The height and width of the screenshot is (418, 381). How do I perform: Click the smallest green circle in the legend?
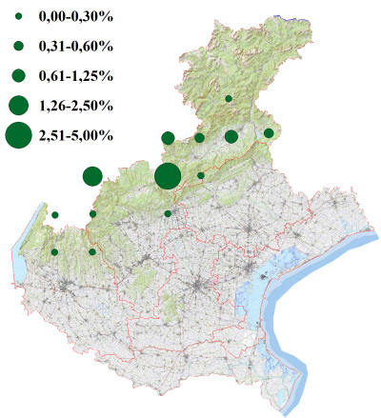[18, 17]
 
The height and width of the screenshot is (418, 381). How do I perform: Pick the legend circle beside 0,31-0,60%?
[18, 46]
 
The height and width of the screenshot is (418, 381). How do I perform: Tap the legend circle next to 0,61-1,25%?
[18, 74]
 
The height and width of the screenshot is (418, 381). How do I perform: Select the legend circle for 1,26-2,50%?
[18, 105]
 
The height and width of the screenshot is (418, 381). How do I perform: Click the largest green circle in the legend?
[18, 136]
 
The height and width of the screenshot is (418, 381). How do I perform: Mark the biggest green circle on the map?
[167, 176]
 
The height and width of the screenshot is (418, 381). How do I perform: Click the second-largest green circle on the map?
[92, 175]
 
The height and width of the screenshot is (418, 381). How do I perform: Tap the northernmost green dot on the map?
[229, 98]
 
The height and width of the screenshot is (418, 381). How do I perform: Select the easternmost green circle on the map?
[269, 133]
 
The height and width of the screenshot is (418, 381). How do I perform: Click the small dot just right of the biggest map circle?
[201, 175]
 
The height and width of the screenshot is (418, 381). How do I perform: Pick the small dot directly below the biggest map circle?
[168, 213]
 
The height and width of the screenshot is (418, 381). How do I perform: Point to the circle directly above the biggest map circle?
[168, 138]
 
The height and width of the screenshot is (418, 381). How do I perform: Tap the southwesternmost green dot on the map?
[54, 252]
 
